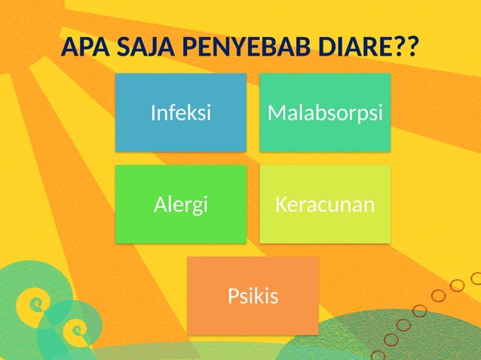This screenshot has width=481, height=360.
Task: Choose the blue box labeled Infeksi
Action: [x=181, y=113]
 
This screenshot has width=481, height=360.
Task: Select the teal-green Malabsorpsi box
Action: [x=325, y=113]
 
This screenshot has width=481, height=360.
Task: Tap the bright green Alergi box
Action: [x=181, y=204]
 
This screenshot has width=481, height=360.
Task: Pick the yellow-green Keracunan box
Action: [x=325, y=204]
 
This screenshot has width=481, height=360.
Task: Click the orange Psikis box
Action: [x=253, y=296]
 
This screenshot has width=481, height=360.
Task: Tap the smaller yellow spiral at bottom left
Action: [x=75, y=328]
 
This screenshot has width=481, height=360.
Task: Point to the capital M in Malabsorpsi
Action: [x=276, y=113]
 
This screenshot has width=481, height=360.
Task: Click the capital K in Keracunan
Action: [x=280, y=204]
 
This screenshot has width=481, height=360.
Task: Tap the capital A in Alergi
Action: [x=160, y=204]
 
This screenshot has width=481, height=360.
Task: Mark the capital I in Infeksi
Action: [x=153, y=113]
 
